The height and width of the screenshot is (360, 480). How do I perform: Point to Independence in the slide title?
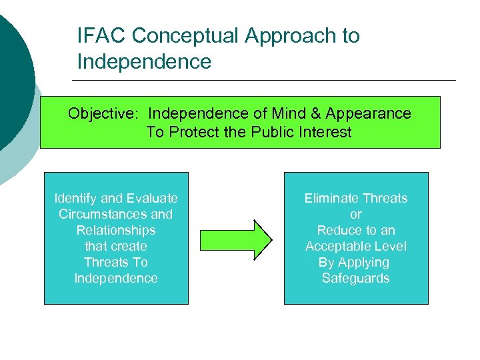[144, 62]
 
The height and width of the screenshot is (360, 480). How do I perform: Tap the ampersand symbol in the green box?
[314, 113]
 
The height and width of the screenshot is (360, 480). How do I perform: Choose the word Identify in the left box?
[75, 198]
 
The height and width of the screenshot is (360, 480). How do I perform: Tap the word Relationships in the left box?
[116, 230]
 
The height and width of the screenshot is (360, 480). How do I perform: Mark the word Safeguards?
[356, 278]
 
